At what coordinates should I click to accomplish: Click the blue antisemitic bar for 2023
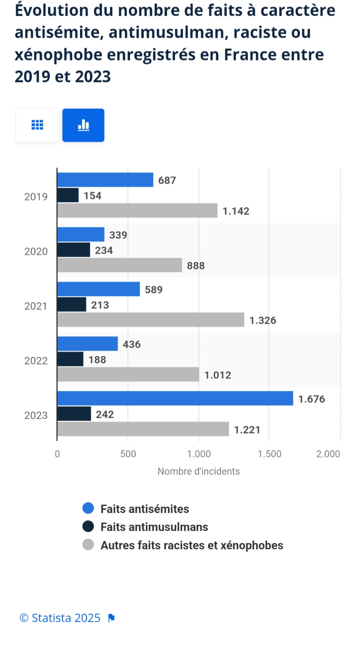(x=175, y=398)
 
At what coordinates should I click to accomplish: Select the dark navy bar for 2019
(x=68, y=195)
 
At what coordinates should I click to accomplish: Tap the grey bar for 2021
(x=150, y=320)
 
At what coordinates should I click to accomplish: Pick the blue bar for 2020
(x=81, y=234)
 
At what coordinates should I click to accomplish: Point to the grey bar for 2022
(x=128, y=374)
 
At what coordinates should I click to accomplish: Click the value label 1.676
(x=311, y=399)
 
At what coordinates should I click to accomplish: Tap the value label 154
(x=92, y=195)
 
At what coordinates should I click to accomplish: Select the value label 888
(x=195, y=265)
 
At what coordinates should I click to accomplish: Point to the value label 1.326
(x=262, y=320)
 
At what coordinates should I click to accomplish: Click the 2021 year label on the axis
(x=36, y=306)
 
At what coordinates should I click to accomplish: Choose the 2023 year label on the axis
(x=36, y=415)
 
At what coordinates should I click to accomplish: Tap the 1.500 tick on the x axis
(x=270, y=454)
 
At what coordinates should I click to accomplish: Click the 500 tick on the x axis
(x=128, y=454)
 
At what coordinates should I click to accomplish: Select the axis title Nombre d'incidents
(x=199, y=471)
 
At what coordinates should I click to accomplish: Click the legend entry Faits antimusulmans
(x=154, y=527)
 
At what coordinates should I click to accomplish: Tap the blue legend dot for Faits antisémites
(x=88, y=508)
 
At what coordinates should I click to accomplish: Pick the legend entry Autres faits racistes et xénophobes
(x=192, y=545)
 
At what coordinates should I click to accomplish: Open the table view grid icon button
(x=37, y=125)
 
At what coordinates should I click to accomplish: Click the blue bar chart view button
(x=83, y=125)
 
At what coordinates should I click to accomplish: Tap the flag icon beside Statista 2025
(x=111, y=618)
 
